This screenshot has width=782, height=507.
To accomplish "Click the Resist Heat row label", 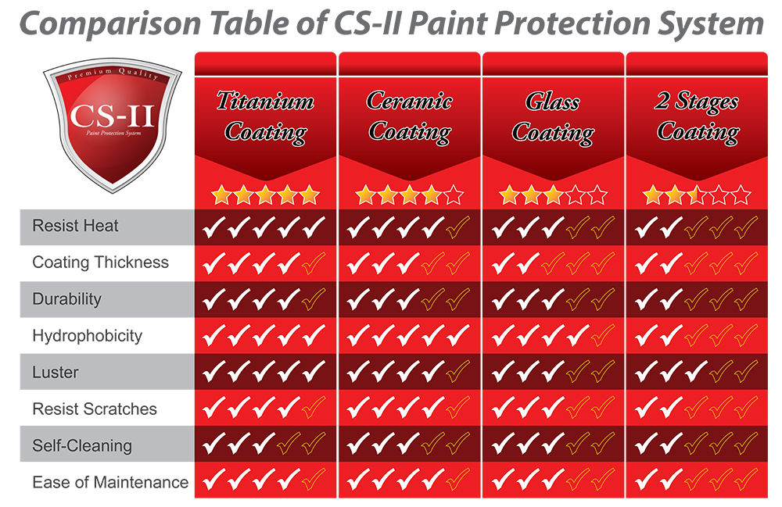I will pyautogui.click(x=75, y=226).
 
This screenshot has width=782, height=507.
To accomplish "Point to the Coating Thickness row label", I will pyautogui.click(x=100, y=262).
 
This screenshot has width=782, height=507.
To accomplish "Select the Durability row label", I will pyautogui.click(x=66, y=299).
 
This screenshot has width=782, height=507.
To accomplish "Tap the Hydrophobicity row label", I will pyautogui.click(x=87, y=336).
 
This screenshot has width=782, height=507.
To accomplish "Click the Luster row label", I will pyautogui.click(x=55, y=373).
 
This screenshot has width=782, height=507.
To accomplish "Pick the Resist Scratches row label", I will pyautogui.click(x=94, y=409).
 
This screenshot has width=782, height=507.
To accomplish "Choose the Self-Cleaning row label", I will pyautogui.click(x=81, y=446).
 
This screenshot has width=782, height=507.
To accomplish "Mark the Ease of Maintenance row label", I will pyautogui.click(x=109, y=482).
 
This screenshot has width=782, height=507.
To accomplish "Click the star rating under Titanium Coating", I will pyautogui.click(x=266, y=195).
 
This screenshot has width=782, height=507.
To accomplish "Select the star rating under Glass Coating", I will pyautogui.click(x=553, y=195).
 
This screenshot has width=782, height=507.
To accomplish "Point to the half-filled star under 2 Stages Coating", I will pyautogui.click(x=696, y=195).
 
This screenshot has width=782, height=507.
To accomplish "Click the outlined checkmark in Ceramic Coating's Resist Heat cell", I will pyautogui.click(x=457, y=227).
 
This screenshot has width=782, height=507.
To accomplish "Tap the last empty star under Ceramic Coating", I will pyautogui.click(x=454, y=195).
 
